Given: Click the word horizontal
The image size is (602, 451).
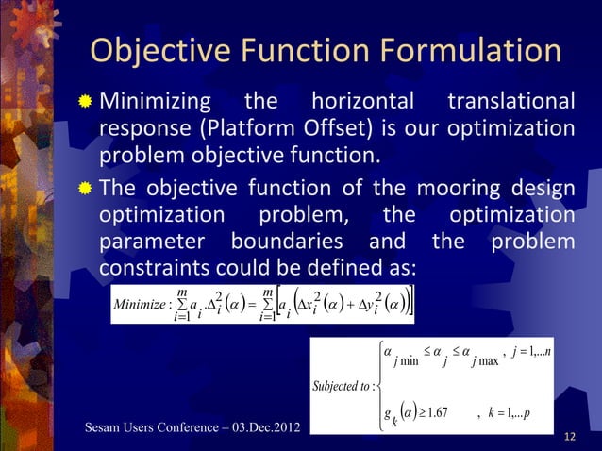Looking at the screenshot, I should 363,100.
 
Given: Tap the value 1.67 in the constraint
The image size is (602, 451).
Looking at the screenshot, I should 436,410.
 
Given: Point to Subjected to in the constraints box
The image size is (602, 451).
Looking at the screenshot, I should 343,385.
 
